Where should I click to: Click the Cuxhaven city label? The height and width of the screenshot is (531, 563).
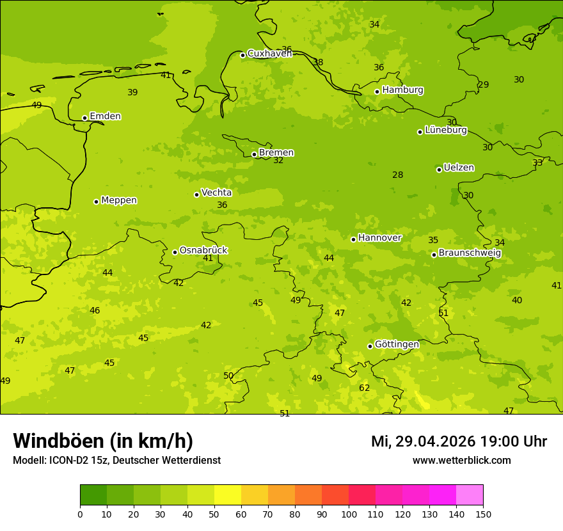point(269,54)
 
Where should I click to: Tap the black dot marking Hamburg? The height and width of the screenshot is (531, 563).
point(377,91)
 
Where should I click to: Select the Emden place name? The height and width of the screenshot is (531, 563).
point(105,116)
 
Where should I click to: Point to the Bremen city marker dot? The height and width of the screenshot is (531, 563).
point(254,154)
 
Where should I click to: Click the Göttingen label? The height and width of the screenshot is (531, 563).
point(397,345)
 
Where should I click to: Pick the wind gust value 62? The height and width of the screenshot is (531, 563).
point(365,388)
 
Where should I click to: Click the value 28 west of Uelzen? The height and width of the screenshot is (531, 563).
point(398,175)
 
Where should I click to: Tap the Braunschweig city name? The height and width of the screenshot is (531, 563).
point(470,253)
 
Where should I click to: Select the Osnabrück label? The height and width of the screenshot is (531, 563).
point(203,250)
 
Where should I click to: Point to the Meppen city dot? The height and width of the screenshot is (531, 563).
point(96,202)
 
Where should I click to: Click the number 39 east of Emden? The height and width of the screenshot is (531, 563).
point(132,93)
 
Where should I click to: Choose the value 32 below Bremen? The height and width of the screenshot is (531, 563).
point(278,161)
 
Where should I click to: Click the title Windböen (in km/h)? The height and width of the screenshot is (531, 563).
point(103,441)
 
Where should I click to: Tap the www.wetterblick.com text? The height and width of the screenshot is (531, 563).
point(461,461)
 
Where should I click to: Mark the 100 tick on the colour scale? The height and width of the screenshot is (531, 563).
point(349,514)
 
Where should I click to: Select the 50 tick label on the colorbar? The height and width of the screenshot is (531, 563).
point(214,514)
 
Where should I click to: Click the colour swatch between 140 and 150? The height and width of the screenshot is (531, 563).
point(470,495)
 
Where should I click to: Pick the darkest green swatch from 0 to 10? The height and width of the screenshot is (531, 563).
point(93,495)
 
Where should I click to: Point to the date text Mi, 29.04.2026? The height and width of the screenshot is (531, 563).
point(423,441)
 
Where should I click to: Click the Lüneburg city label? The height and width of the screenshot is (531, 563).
point(446,131)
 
